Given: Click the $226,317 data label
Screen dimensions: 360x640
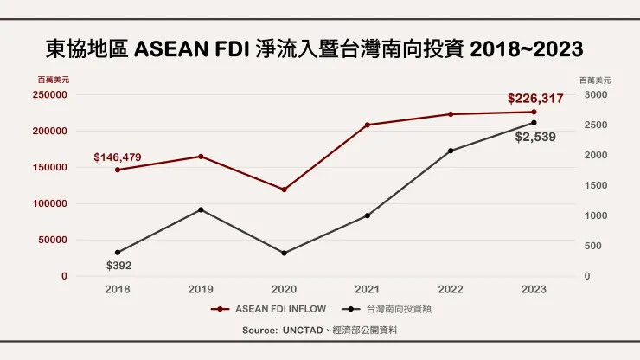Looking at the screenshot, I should pos(534,99).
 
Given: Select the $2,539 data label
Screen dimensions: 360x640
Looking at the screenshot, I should pos(534,137).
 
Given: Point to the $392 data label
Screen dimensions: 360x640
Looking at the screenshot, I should pos(118,266).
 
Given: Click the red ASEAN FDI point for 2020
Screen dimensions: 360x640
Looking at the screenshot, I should pos(284,190).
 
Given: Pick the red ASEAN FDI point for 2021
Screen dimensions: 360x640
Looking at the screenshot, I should pos(367,125).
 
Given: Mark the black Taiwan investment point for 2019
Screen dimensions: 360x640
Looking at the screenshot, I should pos(201,209).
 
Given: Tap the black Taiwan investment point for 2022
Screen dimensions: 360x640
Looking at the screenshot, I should pos(451,151).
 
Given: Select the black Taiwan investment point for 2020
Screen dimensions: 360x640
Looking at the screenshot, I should pos(284,253).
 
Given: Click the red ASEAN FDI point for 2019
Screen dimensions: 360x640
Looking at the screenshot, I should pos(201,157).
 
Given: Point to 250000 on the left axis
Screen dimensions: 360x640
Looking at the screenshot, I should pos(51,95).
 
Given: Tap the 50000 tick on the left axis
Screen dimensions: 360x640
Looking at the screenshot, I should pos(54,240).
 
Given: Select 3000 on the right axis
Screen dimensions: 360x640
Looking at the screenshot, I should pos(596,95).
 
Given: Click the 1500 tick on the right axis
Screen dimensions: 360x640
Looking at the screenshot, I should pos(596,186).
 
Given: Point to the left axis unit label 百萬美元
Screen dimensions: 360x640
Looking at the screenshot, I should pos(54,80).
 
